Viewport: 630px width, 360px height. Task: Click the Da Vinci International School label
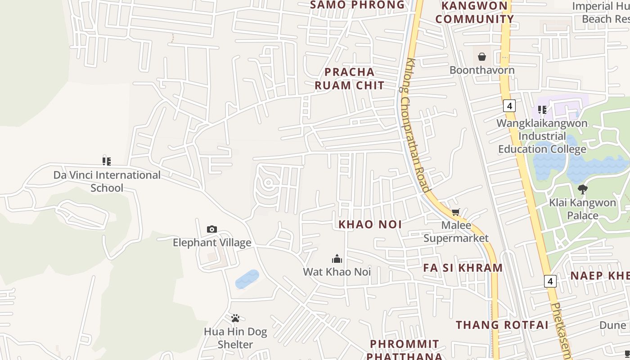[x=107, y=181]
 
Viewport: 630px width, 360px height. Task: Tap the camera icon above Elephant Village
[x=212, y=229]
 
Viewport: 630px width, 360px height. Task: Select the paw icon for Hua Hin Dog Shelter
[x=235, y=319]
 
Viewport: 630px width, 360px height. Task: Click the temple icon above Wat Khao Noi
[x=337, y=258]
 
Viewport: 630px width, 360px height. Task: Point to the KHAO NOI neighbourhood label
[x=370, y=224]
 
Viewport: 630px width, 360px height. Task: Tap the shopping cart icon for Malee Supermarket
[x=456, y=212]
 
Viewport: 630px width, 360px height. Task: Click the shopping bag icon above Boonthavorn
[x=482, y=57]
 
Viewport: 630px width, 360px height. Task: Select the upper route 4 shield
[x=509, y=106]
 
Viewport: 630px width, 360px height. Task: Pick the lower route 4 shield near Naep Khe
[x=550, y=281]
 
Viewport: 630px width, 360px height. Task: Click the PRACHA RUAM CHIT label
[x=350, y=78]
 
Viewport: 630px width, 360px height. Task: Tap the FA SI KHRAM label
[x=463, y=268]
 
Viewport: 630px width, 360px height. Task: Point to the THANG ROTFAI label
[x=502, y=325]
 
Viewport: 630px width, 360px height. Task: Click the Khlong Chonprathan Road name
[x=417, y=126]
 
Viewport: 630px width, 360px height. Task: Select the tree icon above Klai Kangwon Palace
[x=583, y=189]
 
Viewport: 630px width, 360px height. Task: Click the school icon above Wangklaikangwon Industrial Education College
[x=542, y=109]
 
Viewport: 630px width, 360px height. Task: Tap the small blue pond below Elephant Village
[x=247, y=279]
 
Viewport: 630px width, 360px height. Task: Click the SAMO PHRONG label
[x=358, y=5]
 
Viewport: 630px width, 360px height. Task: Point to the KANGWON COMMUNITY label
[x=474, y=13]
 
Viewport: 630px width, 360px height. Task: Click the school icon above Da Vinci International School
[x=107, y=161]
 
